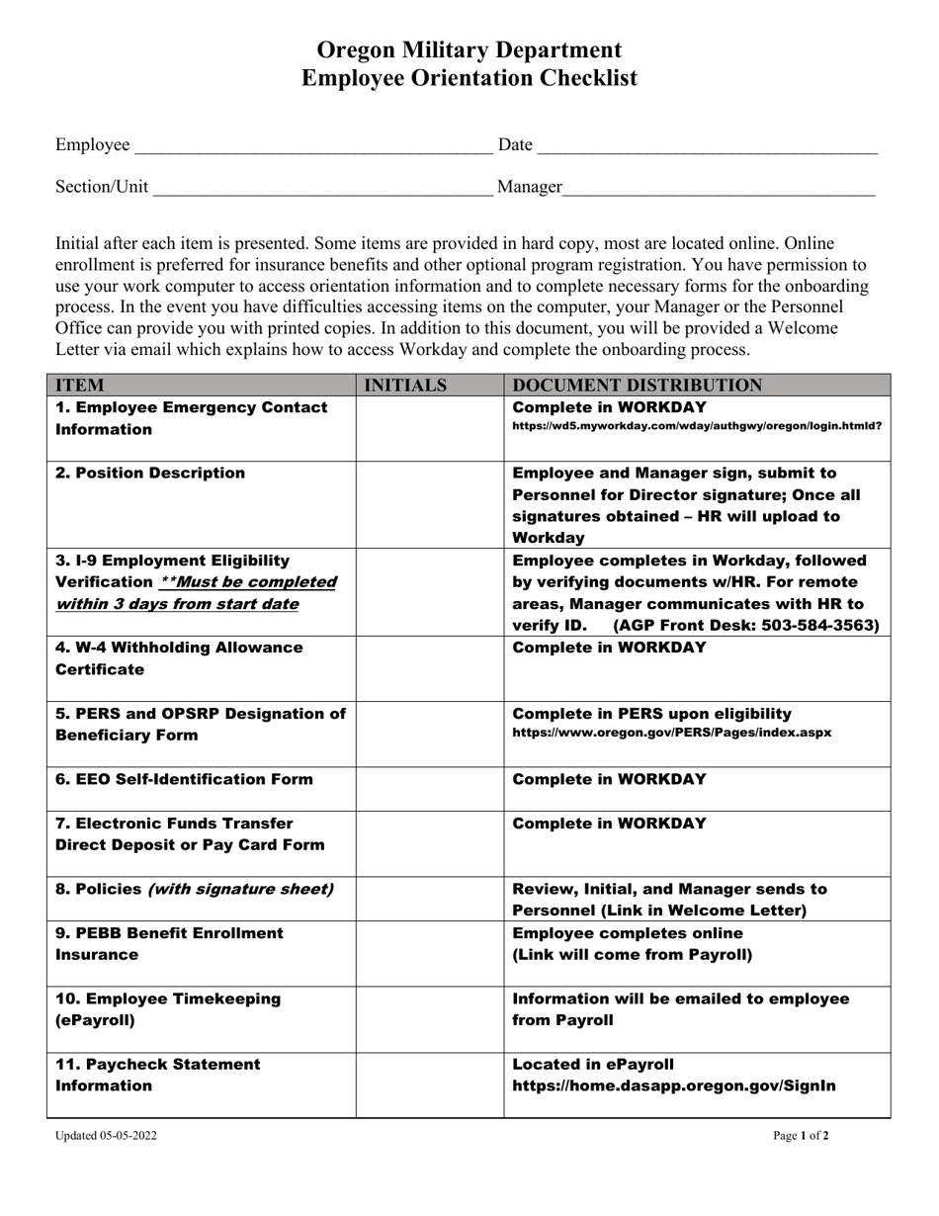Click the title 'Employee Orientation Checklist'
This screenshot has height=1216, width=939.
469,78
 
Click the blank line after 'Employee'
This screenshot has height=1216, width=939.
312,148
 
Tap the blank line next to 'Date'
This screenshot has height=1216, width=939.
707,148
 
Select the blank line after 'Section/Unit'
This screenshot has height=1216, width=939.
323,190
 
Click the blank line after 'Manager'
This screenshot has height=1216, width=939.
719,190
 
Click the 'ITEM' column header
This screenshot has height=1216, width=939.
80,386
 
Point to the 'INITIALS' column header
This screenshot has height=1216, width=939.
405,386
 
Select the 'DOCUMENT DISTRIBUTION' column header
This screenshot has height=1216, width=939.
637,386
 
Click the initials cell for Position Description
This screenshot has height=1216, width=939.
430,505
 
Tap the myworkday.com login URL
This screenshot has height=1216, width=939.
697,426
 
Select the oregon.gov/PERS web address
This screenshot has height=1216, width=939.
671,733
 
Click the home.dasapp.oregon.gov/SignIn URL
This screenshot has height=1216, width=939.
673,1086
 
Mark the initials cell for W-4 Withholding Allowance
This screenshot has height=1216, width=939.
430,669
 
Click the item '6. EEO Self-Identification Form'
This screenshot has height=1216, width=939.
184,779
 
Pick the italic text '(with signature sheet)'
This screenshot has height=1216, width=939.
240,889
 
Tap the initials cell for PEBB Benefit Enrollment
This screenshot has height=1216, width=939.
430,954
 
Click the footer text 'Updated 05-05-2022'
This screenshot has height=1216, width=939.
106,1136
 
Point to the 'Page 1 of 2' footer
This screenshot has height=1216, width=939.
801,1136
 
